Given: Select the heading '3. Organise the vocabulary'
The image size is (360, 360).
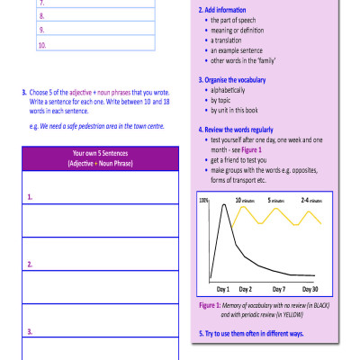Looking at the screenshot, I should click(237, 79).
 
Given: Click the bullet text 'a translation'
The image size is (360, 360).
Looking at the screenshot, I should click(232, 40).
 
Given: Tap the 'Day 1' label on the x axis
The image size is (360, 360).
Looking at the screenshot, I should click(223, 289).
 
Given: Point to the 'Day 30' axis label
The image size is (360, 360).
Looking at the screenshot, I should click(310, 289).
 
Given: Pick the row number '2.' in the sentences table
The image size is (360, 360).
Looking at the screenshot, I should click(31, 264).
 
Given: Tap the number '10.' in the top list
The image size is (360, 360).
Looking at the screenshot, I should click(42, 44).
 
